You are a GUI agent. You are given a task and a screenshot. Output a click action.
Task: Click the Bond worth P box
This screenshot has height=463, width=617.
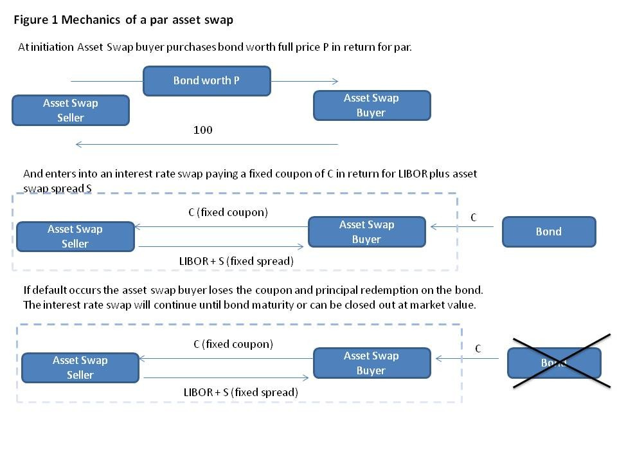click(206, 81)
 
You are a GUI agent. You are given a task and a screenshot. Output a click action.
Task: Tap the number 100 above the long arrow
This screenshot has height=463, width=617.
click(202, 130)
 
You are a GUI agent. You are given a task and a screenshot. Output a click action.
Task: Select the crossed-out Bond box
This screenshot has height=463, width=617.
click(554, 363)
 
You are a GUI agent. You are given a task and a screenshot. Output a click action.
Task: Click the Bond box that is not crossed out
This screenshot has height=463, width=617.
click(548, 232)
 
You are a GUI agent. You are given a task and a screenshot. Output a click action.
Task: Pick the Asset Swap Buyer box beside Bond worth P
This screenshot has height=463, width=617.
click(371, 105)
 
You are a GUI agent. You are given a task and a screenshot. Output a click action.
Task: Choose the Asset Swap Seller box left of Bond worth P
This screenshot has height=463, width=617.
click(71, 110)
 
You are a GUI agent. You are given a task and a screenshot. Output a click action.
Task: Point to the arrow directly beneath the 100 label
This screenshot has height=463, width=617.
click(206, 144)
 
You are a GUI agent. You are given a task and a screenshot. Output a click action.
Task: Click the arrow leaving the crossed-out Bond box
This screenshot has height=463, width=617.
click(467, 358)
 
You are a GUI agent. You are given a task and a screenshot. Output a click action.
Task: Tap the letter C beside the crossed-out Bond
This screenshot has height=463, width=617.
click(478, 349)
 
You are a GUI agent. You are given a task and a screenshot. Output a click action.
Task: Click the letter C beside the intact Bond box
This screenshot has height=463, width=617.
click(473, 218)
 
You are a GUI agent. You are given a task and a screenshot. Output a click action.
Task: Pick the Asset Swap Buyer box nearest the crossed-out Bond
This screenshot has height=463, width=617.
click(371, 363)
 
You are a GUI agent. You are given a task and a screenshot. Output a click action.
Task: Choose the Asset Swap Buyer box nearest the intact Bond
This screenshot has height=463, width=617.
click(366, 232)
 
